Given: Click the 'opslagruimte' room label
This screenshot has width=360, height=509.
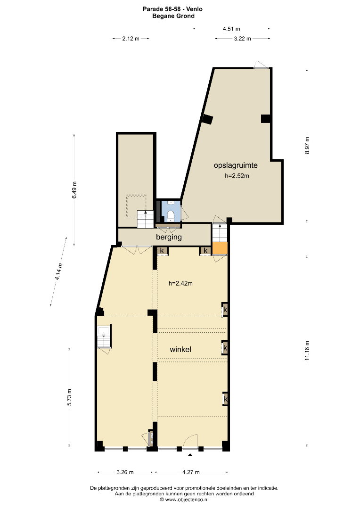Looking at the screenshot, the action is [x=235, y=165].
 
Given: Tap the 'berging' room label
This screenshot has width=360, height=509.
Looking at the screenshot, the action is [x=169, y=237].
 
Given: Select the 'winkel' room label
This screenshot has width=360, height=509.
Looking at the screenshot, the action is [x=180, y=349].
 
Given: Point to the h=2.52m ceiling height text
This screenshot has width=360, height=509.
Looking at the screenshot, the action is [x=237, y=176].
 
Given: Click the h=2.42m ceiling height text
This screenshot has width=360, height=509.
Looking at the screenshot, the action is [x=180, y=283].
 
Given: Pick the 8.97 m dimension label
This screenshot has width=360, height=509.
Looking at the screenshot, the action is [x=307, y=146].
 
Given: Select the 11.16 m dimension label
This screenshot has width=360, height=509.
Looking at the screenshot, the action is [x=307, y=351].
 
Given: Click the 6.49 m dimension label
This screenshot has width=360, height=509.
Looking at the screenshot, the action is [x=74, y=190].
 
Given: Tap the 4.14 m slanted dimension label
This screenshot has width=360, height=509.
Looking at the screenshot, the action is [x=58, y=271].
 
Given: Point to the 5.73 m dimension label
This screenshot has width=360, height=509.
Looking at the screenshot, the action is [x=69, y=397].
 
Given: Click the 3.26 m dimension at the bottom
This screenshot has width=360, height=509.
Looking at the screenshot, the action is [x=125, y=472].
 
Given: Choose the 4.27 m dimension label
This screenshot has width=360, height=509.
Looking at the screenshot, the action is [x=191, y=472].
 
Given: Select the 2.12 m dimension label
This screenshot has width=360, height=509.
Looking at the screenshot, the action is [x=131, y=39].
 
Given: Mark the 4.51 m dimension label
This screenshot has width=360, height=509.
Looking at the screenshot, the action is [x=231, y=29].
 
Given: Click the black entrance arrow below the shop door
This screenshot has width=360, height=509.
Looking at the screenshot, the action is [x=190, y=455].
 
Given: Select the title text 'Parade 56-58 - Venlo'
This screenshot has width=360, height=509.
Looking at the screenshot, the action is [x=172, y=9].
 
